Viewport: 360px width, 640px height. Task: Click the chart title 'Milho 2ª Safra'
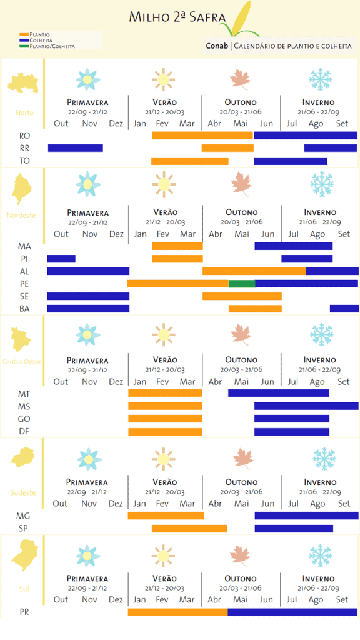[177, 17]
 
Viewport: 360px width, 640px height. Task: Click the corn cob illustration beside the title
[241, 19]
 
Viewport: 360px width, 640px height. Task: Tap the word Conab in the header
[217, 46]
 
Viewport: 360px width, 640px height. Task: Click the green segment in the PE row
[242, 284]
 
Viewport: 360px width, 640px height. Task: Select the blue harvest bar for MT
[278, 393]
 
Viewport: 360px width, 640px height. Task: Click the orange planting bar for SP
[189, 529]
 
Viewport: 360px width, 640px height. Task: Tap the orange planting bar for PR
[177, 612]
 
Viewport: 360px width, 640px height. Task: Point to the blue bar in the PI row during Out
[61, 259]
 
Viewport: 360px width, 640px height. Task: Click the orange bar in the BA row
[255, 309]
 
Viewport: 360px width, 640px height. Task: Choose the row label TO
[24, 161]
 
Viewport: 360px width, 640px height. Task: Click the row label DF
[24, 431]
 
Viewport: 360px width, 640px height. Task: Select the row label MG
[23, 516]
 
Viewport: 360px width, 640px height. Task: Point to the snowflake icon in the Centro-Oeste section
[321, 334]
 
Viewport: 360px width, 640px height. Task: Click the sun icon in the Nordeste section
[164, 184]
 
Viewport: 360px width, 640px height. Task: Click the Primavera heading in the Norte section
[87, 102]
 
